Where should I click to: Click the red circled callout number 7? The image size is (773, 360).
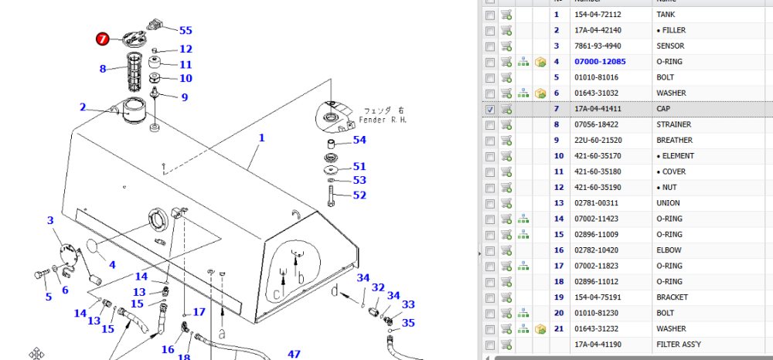[x=102, y=39]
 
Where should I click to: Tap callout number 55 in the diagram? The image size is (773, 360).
[x=186, y=31]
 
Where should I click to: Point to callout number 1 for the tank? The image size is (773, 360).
[x=262, y=138]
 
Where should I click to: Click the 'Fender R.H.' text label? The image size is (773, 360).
[x=383, y=120]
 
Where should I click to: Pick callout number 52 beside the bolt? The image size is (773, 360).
[x=360, y=195]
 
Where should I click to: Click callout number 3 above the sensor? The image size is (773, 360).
[x=50, y=221]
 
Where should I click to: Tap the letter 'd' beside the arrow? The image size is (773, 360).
[x=335, y=290]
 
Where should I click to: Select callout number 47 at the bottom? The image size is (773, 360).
[x=295, y=354]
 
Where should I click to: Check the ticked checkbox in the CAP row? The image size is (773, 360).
[x=490, y=109]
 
